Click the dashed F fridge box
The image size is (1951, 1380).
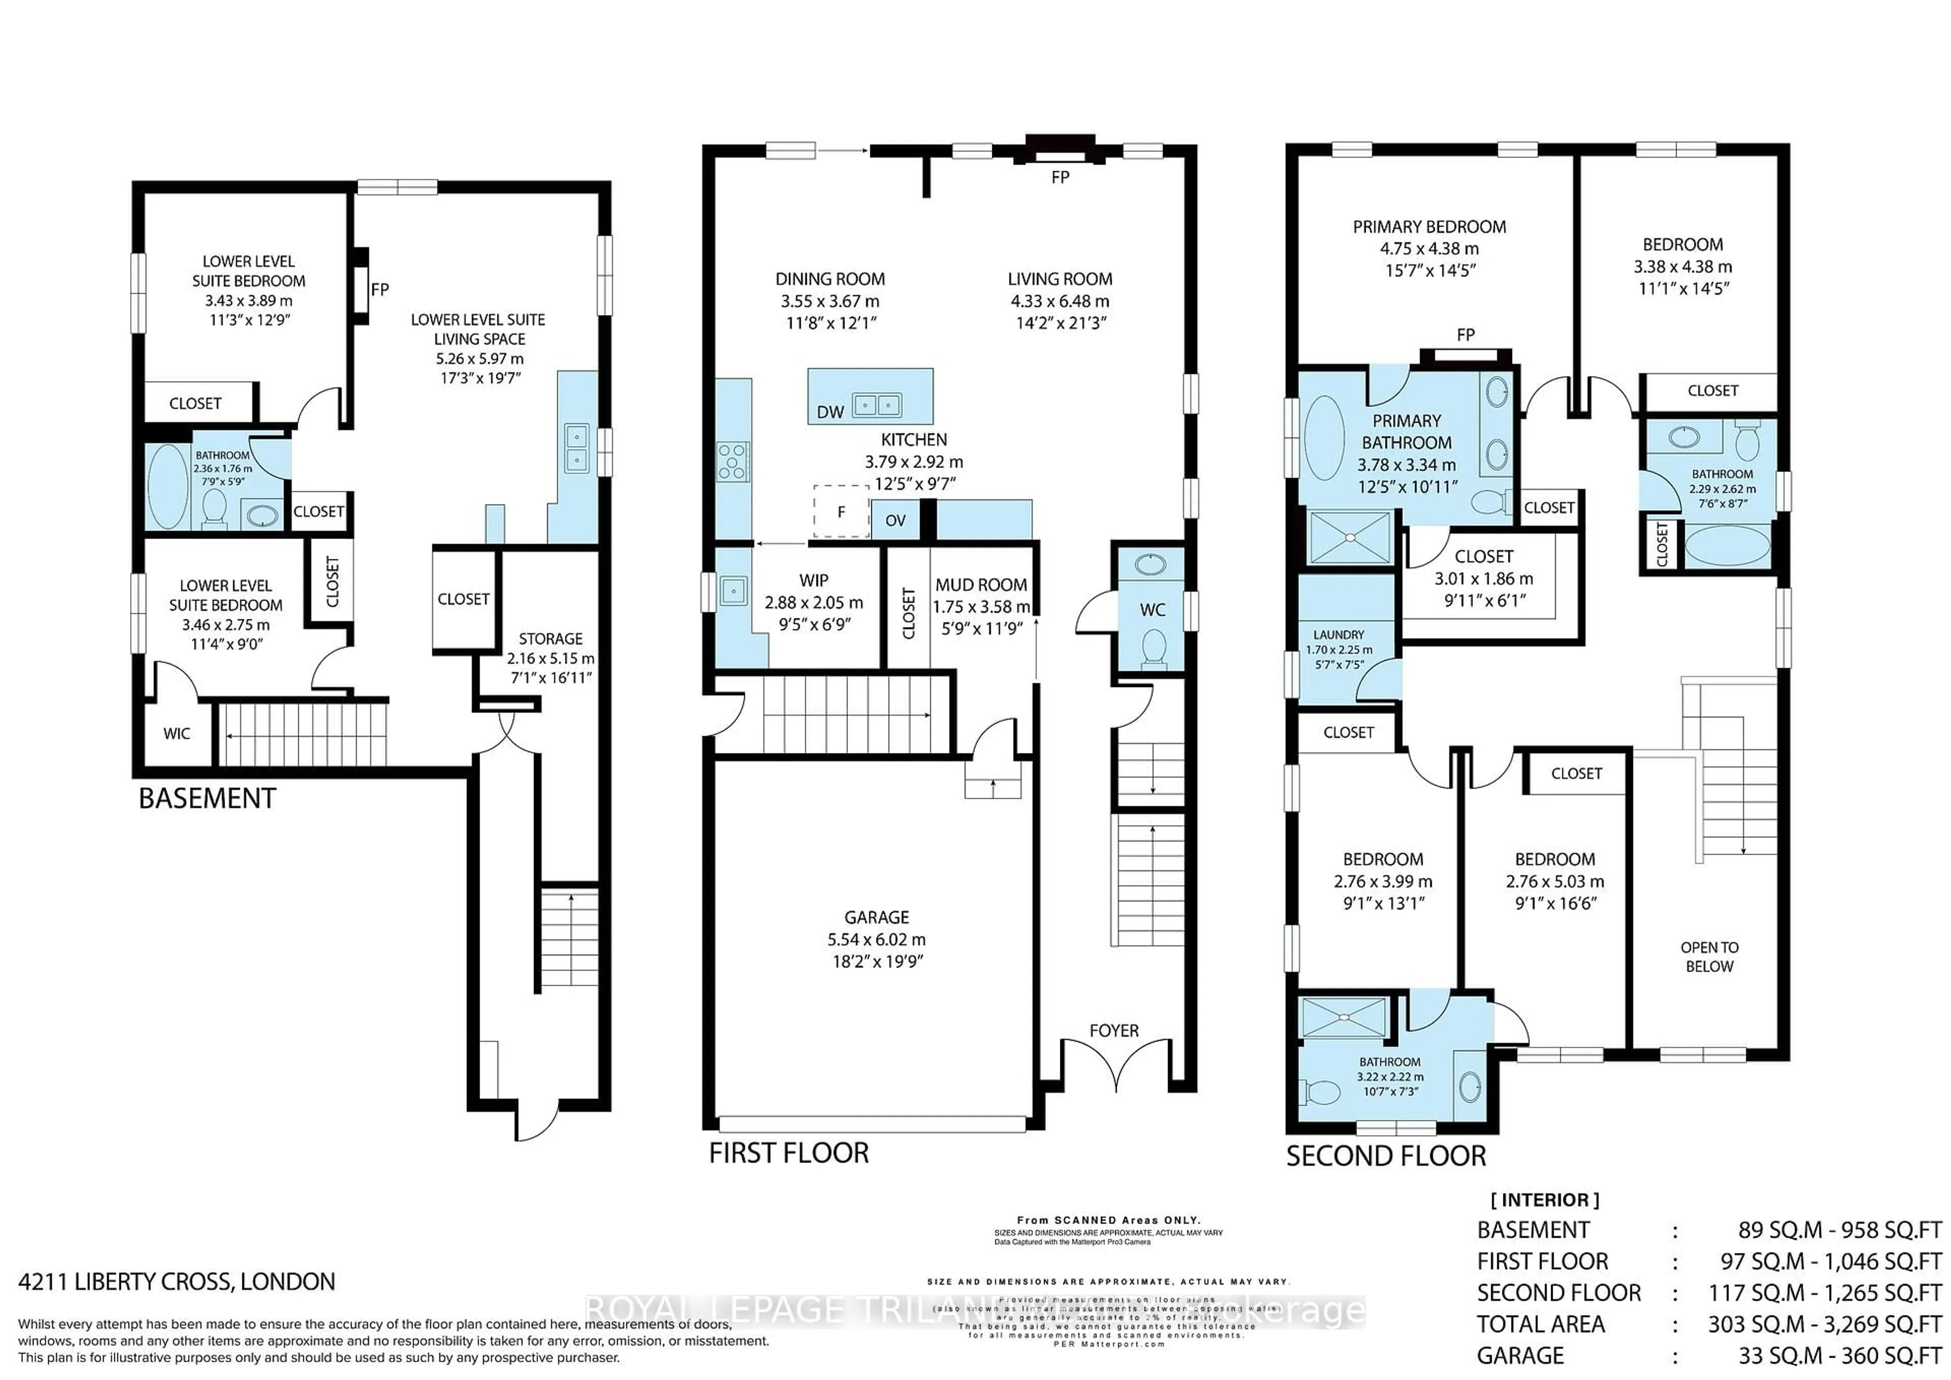[841, 512]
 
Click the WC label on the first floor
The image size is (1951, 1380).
[1152, 609]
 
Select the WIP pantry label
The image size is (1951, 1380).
[813, 580]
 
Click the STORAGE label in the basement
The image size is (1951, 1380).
[551, 638]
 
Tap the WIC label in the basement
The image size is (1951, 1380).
[177, 733]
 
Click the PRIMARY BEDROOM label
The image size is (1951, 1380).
[1429, 227]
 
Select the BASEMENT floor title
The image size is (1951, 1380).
[207, 799]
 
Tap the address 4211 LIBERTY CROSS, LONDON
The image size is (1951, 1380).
[177, 1281]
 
